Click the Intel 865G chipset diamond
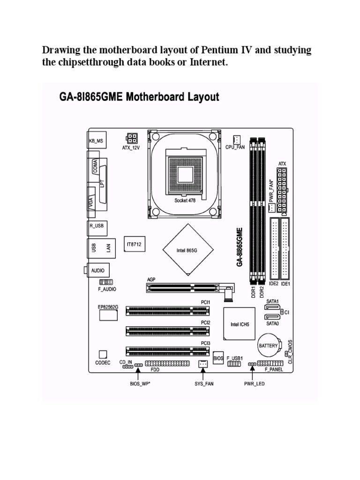click(187, 250)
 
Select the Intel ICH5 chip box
click(239, 323)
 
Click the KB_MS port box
click(96, 140)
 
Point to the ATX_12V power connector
click(131, 139)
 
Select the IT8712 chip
click(134, 244)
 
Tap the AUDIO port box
click(97, 270)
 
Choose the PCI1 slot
click(167, 310)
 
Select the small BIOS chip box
click(218, 358)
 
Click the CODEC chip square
click(103, 354)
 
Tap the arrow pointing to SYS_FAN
click(202, 374)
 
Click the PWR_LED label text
click(254, 383)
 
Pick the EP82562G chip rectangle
click(108, 315)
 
